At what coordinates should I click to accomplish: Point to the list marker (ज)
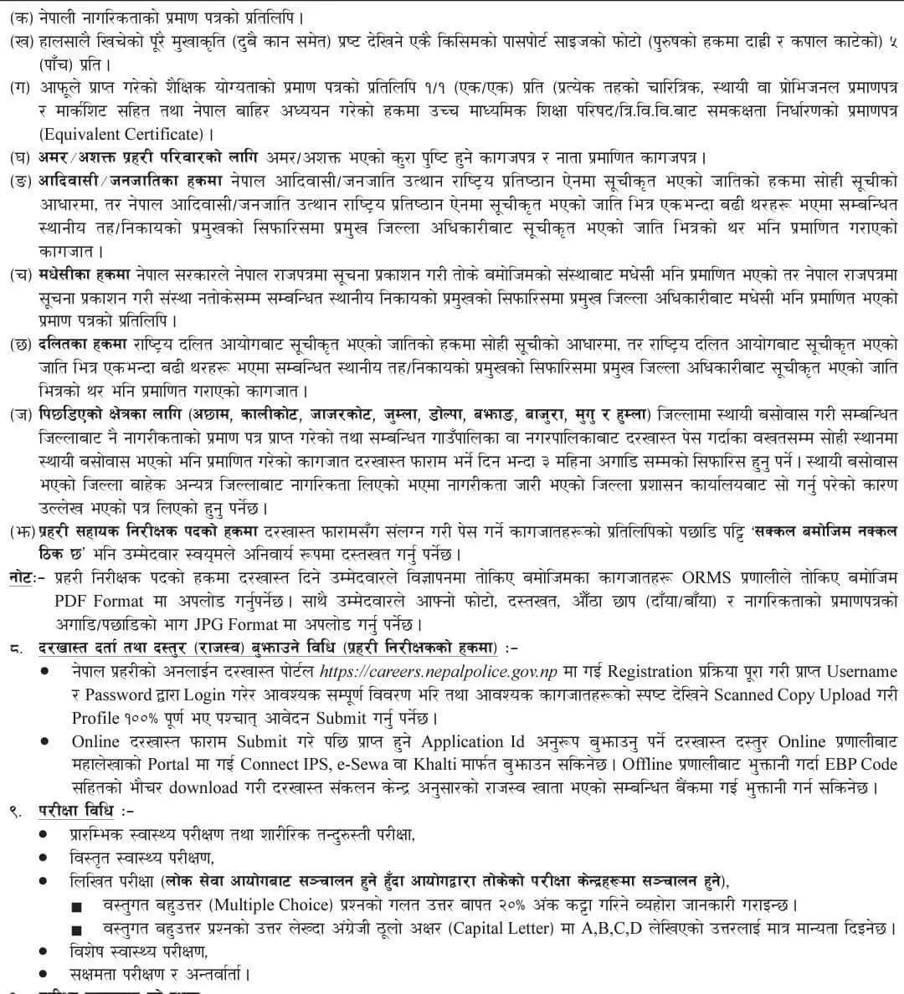[x=16, y=413]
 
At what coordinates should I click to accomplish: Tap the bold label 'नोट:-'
[x=23, y=578]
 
